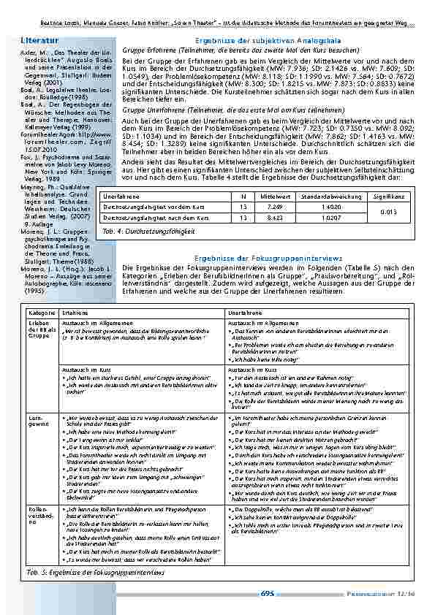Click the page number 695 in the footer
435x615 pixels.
click(267, 595)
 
